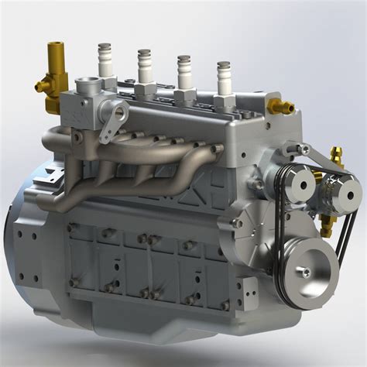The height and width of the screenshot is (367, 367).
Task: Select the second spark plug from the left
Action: coord(144,66)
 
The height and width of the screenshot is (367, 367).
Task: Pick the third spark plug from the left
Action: coord(183,71)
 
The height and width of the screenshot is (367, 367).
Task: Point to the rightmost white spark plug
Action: coord(223,77)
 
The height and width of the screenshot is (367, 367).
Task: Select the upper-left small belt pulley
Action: coord(296,183)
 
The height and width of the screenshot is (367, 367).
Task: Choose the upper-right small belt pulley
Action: coord(339,190)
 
